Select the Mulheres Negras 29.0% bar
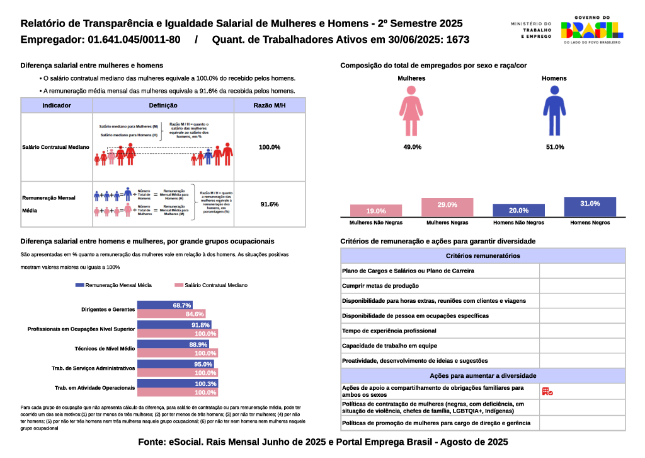(x=447, y=208)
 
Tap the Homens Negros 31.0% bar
(x=590, y=207)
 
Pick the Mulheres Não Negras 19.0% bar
(x=376, y=211)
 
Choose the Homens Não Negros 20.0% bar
(x=519, y=211)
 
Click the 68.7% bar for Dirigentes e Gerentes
(x=164, y=305)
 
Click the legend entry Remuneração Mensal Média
(x=113, y=285)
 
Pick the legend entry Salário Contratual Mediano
(x=212, y=285)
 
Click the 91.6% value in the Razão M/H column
(x=269, y=204)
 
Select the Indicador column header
(x=57, y=105)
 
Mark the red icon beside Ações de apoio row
(x=547, y=392)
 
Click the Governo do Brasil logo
(x=591, y=30)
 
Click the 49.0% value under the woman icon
(x=412, y=147)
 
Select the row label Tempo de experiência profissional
(x=389, y=331)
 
